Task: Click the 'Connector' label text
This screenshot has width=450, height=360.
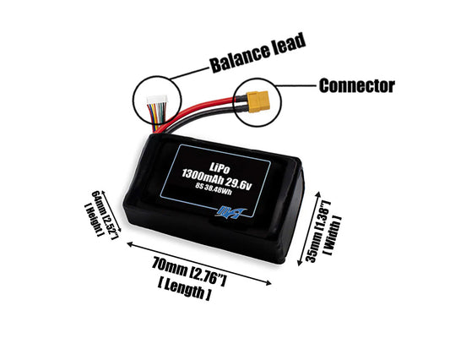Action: (x=356, y=85)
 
